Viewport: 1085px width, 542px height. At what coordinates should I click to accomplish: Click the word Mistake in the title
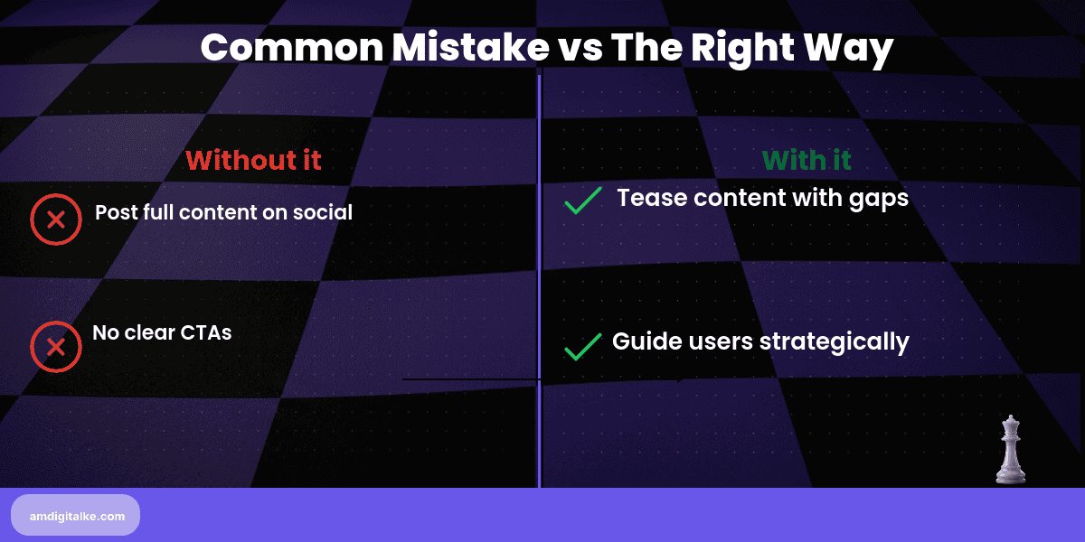click(458, 48)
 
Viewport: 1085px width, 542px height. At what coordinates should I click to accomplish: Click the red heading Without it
click(253, 160)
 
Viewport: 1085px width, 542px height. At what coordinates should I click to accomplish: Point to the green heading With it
click(807, 160)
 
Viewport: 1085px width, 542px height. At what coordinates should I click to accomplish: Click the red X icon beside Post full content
click(56, 220)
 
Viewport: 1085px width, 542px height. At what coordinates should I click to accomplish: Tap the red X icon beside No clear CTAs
click(56, 347)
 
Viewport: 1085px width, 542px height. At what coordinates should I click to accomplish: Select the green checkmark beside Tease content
click(583, 201)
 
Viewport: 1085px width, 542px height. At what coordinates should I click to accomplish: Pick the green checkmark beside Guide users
click(583, 346)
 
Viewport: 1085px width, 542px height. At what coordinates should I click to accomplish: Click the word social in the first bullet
click(323, 212)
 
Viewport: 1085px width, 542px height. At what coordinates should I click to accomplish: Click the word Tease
click(647, 199)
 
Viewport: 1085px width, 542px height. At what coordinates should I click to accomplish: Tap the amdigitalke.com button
click(75, 515)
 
